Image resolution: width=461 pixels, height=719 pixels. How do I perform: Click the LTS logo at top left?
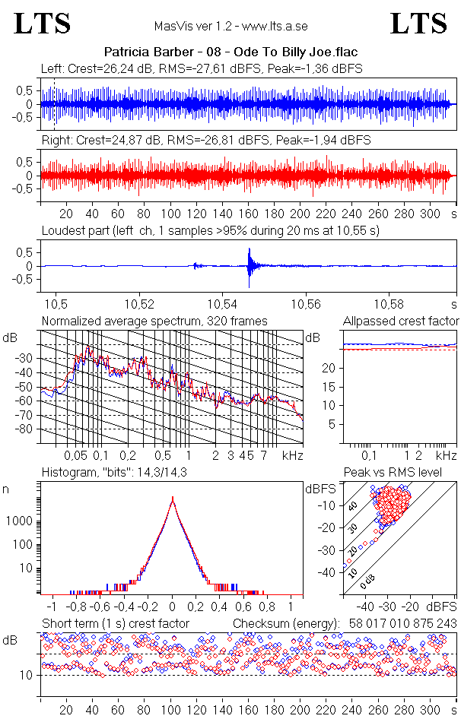click(43, 24)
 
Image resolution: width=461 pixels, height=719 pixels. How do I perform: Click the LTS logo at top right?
click(418, 24)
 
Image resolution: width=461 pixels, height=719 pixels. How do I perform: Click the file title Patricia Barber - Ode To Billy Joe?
click(230, 52)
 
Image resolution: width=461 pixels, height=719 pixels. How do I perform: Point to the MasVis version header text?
click(230, 26)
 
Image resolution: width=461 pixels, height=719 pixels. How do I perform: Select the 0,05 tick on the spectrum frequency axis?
click(75, 455)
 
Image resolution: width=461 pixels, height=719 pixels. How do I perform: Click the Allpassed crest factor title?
click(401, 321)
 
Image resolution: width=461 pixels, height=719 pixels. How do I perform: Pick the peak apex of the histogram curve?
click(173, 499)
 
